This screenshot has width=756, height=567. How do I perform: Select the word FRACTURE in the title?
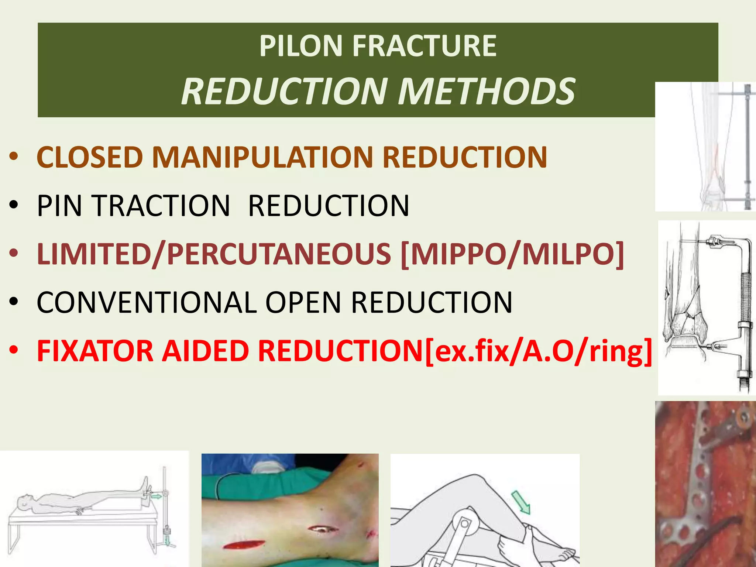tap(425, 46)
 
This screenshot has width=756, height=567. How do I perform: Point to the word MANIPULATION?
tap(262, 157)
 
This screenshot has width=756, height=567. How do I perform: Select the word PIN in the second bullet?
tap(59, 206)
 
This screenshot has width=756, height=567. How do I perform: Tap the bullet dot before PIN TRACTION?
tap(14, 205)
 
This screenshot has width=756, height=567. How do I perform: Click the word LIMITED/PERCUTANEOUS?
tap(214, 254)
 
